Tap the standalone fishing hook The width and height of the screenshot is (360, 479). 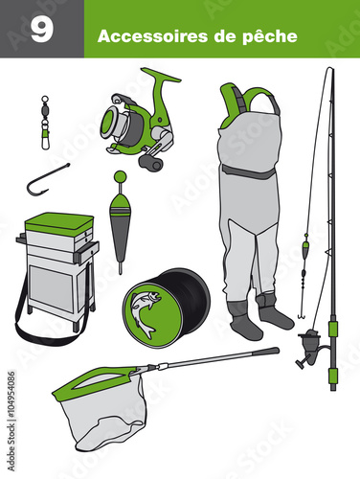(46, 180)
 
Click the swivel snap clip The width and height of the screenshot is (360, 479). (45, 123)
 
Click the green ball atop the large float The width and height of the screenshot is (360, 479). (120, 176)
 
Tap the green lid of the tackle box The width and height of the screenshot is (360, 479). (59, 223)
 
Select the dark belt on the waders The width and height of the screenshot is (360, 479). (249, 171)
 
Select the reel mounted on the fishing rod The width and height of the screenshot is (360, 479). (310, 347)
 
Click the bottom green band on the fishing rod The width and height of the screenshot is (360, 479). (333, 376)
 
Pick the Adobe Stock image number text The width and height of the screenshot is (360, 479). (11, 421)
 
